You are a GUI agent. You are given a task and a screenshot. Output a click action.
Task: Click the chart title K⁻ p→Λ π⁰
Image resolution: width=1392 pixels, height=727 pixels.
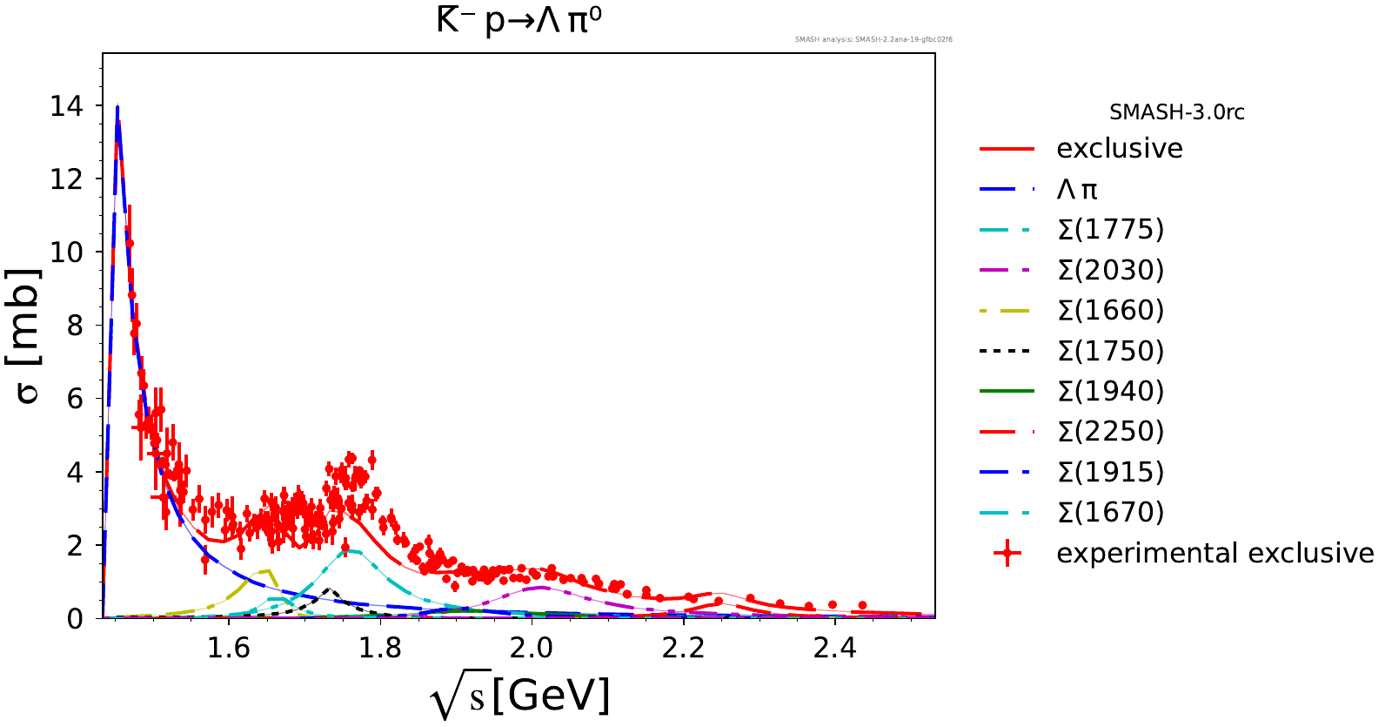tap(519, 20)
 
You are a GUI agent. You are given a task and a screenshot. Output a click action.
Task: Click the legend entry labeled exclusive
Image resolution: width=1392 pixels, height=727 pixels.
tap(1119, 149)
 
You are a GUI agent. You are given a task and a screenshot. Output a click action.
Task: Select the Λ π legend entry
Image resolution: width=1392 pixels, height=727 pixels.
tap(1077, 189)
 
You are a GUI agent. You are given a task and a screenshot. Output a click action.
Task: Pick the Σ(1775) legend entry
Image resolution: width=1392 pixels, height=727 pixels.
tap(1110, 229)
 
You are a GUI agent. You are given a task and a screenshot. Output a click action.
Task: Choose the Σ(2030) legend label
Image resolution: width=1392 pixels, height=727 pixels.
tap(1110, 270)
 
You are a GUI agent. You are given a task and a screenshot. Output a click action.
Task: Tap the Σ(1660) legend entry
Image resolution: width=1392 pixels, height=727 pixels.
tap(1110, 310)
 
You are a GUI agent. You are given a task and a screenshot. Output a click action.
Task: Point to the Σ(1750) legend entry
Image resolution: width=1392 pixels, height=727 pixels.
tap(1110, 351)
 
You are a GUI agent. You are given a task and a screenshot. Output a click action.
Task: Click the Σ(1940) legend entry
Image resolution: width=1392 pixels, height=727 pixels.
tap(1110, 391)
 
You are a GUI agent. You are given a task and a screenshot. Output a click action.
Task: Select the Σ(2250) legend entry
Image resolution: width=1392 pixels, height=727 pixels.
tap(1110, 431)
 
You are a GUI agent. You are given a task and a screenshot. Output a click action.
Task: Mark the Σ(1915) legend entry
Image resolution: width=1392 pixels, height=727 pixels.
tap(1110, 472)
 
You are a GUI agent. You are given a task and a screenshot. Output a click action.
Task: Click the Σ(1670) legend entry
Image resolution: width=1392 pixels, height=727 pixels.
tap(1110, 512)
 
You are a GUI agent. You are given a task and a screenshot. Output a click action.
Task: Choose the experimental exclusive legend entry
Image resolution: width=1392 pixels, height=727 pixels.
tap(1215, 553)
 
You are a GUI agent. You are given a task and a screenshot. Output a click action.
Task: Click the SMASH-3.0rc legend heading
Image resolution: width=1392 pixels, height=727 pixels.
tap(1176, 112)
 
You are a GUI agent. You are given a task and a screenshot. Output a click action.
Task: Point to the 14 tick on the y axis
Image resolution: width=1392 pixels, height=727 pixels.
tap(67, 106)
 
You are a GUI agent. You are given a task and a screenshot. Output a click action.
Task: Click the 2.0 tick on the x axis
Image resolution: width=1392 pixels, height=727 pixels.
tap(531, 649)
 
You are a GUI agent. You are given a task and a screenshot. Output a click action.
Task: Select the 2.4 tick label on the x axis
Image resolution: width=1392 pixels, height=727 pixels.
tap(834, 649)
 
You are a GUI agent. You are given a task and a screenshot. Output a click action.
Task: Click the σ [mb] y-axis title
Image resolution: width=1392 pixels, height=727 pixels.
tap(28, 335)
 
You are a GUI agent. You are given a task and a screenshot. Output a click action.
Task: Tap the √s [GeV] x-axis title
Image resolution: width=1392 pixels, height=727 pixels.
tap(520, 697)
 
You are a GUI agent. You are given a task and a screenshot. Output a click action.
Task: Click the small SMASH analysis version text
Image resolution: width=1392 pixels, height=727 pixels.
tap(873, 39)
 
